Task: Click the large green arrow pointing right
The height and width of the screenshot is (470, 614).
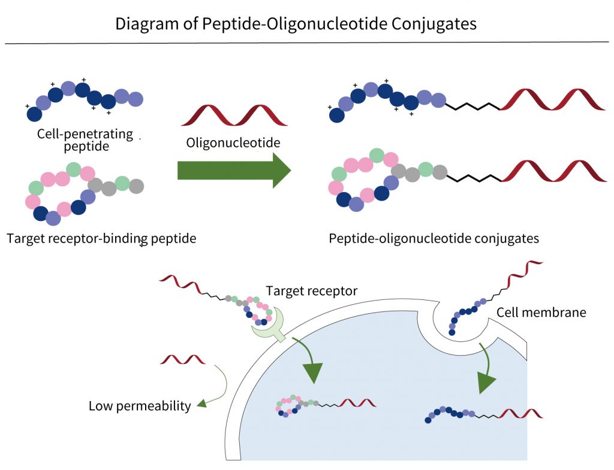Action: pyautogui.click(x=234, y=170)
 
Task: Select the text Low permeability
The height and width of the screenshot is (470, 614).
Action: pyautogui.click(x=140, y=406)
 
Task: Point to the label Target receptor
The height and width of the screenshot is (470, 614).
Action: pyautogui.click(x=312, y=291)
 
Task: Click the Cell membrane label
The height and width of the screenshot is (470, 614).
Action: pyautogui.click(x=541, y=312)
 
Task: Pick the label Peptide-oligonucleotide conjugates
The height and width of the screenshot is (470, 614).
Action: pyautogui.click(x=434, y=238)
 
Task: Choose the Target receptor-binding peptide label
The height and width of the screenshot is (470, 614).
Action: pyautogui.click(x=101, y=238)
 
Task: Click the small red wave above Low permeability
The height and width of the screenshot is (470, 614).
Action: pyautogui.click(x=182, y=359)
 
